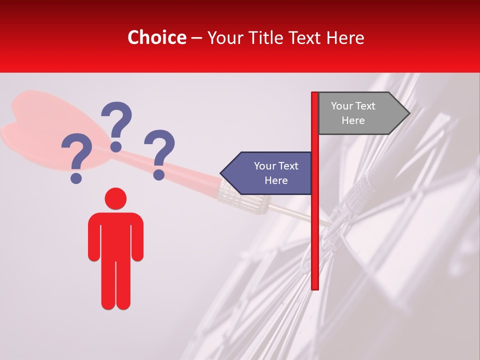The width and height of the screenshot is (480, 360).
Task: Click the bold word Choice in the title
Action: pyautogui.click(x=156, y=37)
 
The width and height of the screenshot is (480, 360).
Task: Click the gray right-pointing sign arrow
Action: pyautogui.click(x=360, y=113)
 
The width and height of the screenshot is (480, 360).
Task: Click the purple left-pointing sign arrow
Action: pyautogui.click(x=267, y=173)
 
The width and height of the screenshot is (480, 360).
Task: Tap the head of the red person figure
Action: pyautogui.click(x=115, y=198)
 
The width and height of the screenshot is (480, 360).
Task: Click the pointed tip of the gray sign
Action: pyautogui.click(x=408, y=113)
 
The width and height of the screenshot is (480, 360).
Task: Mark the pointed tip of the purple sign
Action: pyautogui.click(x=221, y=173)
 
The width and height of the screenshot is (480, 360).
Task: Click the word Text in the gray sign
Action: pyautogui.click(x=365, y=106)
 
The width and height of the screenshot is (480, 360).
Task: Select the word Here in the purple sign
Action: pyautogui.click(x=276, y=180)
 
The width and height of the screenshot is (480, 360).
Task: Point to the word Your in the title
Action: pyautogui.click(x=223, y=37)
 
